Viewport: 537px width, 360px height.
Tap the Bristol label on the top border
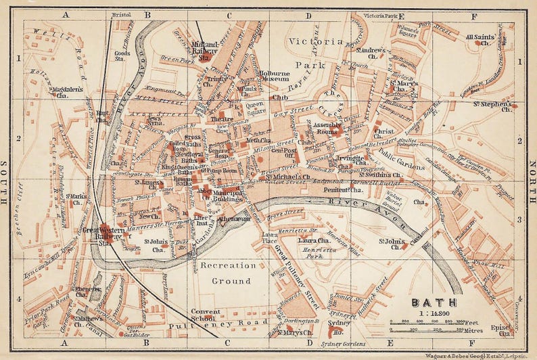[x=122, y=14]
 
